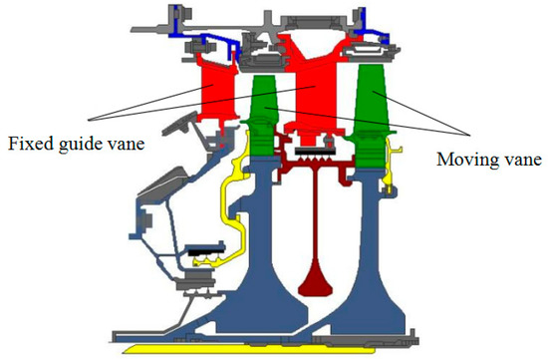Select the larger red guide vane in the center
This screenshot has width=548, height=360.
tap(317, 85)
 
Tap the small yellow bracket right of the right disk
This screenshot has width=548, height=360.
tap(396, 154)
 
